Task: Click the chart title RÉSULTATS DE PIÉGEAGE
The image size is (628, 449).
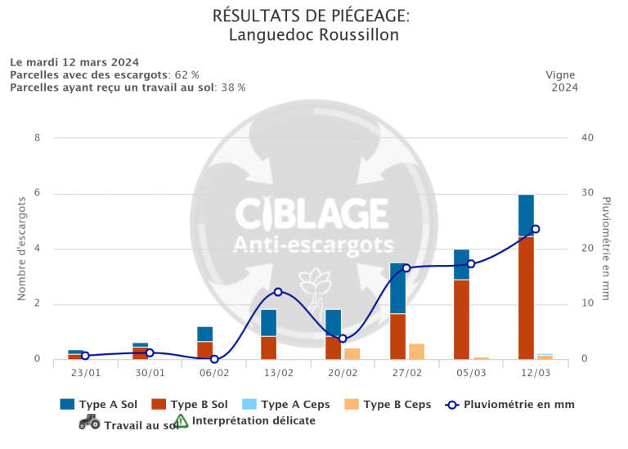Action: tap(311, 16)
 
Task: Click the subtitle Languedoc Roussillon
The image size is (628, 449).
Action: tap(314, 35)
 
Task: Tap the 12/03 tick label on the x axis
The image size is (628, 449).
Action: tap(535, 373)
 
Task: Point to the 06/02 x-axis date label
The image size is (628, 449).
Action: tap(214, 373)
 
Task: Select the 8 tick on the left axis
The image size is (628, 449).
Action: tap(37, 137)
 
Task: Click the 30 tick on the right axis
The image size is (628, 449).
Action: tap(586, 194)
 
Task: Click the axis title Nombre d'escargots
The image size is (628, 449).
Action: tap(22, 249)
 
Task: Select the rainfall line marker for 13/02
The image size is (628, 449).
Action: tap(278, 292)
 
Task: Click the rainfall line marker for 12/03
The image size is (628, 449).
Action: tap(536, 229)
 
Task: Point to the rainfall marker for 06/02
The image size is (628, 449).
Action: tap(214, 359)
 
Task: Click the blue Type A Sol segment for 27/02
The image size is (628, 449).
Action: tap(397, 288)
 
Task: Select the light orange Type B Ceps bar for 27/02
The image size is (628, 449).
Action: tap(416, 352)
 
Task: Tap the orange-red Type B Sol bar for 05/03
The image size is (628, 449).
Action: tap(462, 319)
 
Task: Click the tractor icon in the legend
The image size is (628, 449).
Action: tap(89, 422)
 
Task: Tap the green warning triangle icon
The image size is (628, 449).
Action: tap(181, 421)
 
